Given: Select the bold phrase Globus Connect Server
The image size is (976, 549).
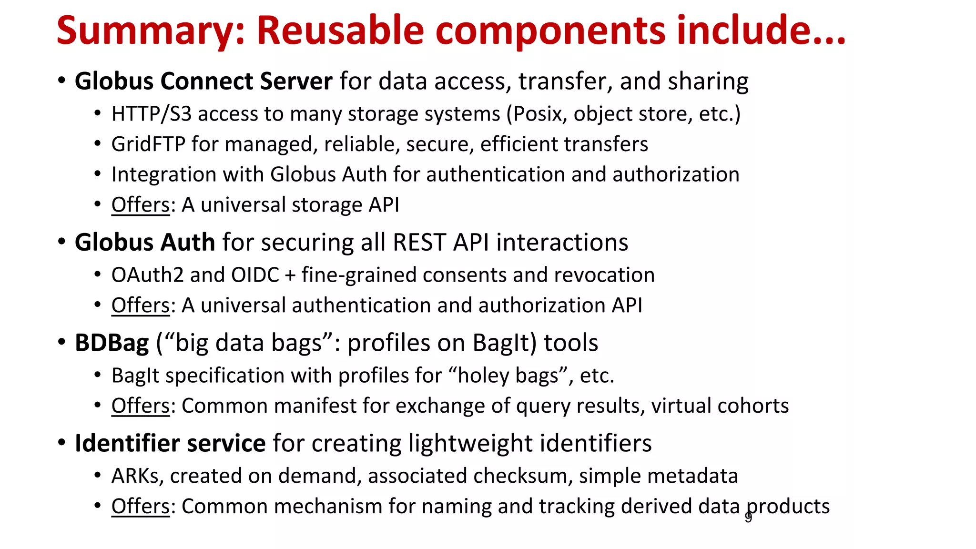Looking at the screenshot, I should [x=203, y=81].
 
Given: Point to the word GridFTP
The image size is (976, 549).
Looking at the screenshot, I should [x=148, y=144].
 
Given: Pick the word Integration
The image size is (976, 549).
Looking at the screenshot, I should [x=163, y=174].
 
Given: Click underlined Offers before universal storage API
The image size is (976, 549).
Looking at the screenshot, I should [x=141, y=205].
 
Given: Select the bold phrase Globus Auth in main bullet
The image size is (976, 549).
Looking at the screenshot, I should [x=145, y=242].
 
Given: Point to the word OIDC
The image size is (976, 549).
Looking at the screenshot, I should [x=255, y=275].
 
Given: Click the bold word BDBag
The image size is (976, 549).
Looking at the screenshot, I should [x=112, y=343].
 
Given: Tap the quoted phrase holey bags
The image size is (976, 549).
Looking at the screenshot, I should [x=508, y=376].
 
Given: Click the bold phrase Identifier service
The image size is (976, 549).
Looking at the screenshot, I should [x=170, y=443].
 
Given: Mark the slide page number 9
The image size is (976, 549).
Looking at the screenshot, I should [x=748, y=518].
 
